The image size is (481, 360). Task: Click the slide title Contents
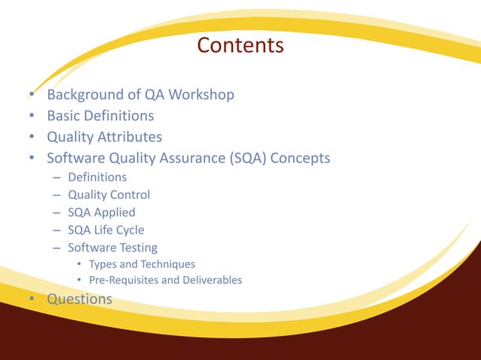[x=240, y=46]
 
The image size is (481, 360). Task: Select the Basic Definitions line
[x=100, y=116]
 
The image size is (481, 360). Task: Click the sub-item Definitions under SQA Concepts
[x=97, y=178]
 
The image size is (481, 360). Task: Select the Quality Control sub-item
[x=109, y=195]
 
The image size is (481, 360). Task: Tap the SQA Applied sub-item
[x=102, y=212]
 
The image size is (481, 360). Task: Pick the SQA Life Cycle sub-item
[x=106, y=230]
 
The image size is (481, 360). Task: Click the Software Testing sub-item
[x=112, y=247]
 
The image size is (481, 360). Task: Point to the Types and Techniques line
[x=142, y=264]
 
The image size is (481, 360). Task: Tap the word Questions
[x=79, y=299]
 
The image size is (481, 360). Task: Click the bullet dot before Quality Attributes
[x=32, y=137]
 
